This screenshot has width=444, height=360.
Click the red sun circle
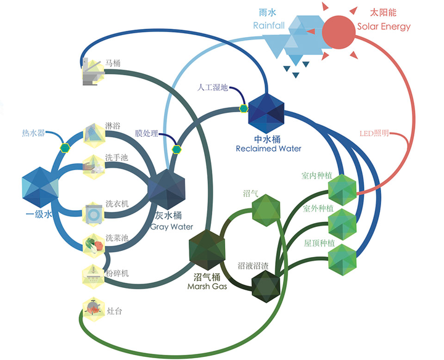click(x=339, y=32)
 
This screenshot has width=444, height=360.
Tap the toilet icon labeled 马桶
click(x=93, y=71)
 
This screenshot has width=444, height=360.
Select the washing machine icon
click(x=94, y=215)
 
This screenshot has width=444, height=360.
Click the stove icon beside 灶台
click(x=94, y=309)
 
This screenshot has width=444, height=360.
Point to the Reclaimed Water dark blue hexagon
click(x=266, y=113)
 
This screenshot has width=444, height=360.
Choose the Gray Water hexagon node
click(x=167, y=189)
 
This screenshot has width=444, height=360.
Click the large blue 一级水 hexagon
click(x=40, y=187)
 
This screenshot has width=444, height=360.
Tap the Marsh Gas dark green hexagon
click(x=207, y=250)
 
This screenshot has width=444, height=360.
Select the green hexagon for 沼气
click(x=266, y=210)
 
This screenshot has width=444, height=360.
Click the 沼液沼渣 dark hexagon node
click(x=266, y=287)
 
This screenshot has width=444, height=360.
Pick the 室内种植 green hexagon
click(x=342, y=190)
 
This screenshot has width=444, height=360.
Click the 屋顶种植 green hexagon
click(x=342, y=260)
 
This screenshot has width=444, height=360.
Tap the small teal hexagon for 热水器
click(x=65, y=148)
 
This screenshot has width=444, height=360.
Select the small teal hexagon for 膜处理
click(x=176, y=149)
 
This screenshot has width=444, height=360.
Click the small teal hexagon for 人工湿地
click(x=244, y=108)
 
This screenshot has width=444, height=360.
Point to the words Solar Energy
click(x=384, y=27)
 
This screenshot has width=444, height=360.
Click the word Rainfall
click(x=269, y=25)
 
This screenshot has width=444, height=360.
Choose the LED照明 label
click(x=374, y=133)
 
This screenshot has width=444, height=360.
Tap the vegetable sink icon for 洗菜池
click(x=94, y=245)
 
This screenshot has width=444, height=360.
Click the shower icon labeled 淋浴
click(x=94, y=135)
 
